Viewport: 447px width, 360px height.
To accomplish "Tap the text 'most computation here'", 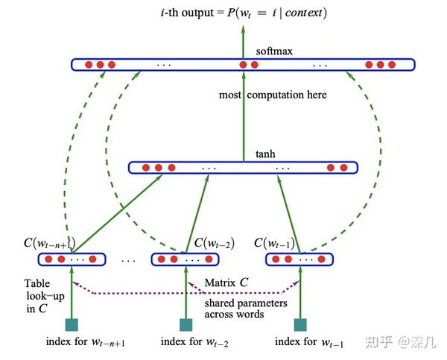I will (x=272, y=95).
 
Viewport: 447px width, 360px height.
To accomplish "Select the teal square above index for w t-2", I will (x=186, y=324).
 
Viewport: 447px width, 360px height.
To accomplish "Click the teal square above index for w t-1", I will (x=300, y=324).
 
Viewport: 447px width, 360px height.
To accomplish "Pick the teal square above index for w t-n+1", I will (x=72, y=324).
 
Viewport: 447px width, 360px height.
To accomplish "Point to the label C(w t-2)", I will (x=214, y=243).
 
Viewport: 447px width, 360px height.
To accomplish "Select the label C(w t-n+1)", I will (x=50, y=243).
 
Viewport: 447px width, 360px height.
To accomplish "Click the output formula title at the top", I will (x=241, y=13).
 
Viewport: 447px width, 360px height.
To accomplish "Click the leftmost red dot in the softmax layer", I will (x=88, y=65).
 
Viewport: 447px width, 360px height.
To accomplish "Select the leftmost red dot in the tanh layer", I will (x=146, y=168).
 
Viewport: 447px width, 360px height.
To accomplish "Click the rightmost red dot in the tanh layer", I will (x=342, y=168).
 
